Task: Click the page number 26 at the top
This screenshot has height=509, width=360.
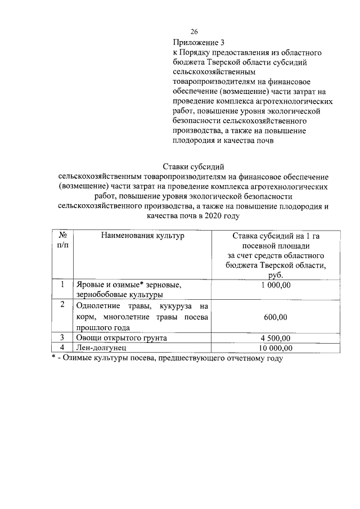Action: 195,31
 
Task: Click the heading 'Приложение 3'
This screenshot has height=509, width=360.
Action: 199,42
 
